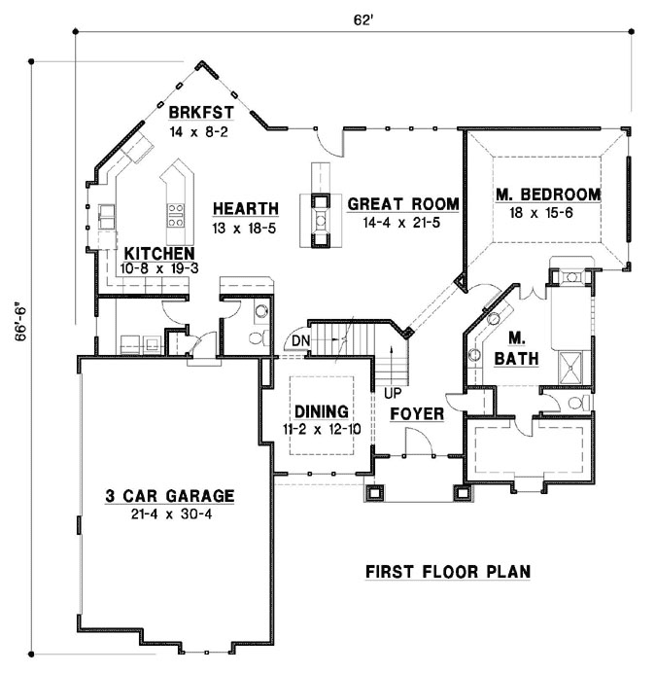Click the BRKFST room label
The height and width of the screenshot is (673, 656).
[200, 111]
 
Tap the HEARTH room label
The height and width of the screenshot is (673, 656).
[245, 208]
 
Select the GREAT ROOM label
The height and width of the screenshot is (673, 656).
[402, 204]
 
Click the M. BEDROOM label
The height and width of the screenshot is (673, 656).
[547, 195]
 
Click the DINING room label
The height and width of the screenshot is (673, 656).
[321, 411]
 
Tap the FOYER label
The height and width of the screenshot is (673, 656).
[417, 413]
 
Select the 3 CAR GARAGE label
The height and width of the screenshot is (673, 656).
[169, 496]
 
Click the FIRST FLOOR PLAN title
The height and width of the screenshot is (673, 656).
[448, 572]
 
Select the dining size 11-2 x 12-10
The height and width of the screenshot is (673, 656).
[321, 427]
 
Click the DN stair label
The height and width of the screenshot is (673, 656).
[300, 341]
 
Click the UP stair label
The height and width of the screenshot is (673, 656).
[394, 393]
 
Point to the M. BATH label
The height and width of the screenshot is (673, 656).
[515, 348]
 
